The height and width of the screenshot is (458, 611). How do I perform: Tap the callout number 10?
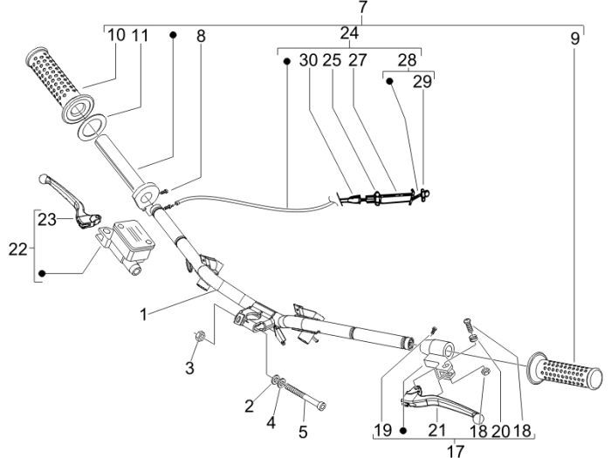coord(116,36)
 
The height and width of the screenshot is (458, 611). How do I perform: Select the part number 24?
coord(349,34)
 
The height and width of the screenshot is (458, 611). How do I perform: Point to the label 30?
coord(309,60)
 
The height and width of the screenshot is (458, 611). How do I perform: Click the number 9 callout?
coord(575,38)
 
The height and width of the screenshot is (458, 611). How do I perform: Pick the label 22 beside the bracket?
coord(19,249)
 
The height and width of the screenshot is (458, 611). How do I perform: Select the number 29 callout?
coord(422,84)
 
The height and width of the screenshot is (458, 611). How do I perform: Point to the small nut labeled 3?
coord(199,336)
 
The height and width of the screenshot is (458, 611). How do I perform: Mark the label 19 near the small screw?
coord(382,430)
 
